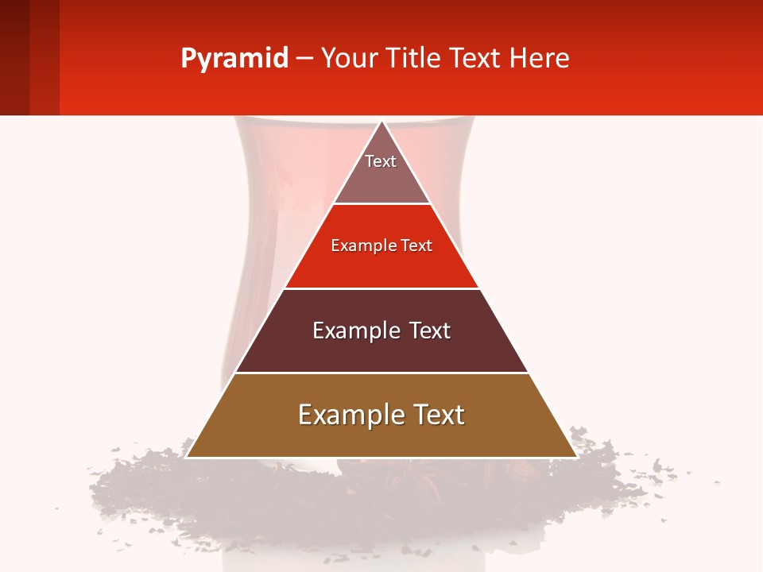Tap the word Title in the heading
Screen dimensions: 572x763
(414, 59)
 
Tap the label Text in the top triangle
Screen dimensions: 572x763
(381, 161)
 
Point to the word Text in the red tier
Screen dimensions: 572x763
(417, 246)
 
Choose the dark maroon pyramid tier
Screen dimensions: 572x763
(381, 350)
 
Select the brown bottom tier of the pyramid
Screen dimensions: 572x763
(381, 437)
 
